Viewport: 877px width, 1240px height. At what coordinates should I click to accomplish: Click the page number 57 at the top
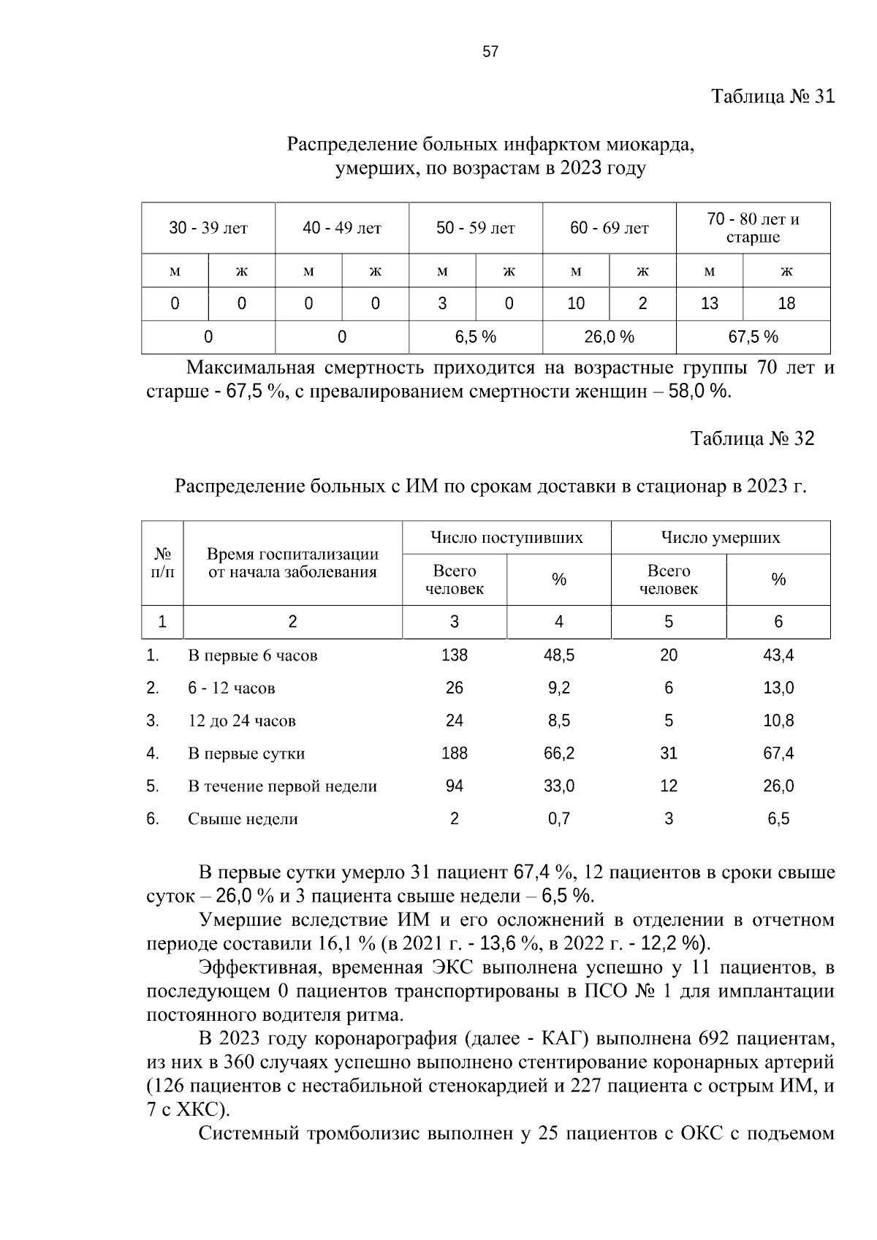[x=490, y=51]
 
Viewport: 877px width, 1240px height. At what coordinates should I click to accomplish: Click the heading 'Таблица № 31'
[x=772, y=96]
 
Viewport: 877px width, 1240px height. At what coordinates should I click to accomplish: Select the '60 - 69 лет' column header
[x=609, y=229]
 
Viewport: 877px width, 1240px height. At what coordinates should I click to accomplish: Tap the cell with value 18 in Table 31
[x=786, y=303]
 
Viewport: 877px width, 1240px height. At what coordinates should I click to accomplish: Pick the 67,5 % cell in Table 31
[x=753, y=337]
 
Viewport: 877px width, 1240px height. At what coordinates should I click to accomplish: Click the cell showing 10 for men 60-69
[x=576, y=303]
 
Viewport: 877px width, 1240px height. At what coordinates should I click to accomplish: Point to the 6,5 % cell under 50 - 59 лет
[x=475, y=337]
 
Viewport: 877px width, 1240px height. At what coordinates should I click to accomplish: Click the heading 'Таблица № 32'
[x=752, y=438]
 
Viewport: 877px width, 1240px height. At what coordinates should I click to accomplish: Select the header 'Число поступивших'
[x=506, y=539]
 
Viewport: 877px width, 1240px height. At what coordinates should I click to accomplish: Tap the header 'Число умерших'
[x=721, y=539]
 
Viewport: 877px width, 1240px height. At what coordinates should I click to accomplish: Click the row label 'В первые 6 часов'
[x=252, y=655]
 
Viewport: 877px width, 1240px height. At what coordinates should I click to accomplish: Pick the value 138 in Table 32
[x=455, y=655]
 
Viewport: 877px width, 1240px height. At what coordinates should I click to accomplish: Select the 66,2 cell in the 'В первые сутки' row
[x=559, y=753]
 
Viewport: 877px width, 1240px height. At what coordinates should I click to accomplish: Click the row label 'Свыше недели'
[x=243, y=819]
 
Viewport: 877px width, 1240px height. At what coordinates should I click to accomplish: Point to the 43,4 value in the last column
[x=778, y=655]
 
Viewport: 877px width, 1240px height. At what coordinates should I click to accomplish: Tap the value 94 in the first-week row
[x=455, y=786]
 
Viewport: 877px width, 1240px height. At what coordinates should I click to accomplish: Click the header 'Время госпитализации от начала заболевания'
[x=292, y=563]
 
